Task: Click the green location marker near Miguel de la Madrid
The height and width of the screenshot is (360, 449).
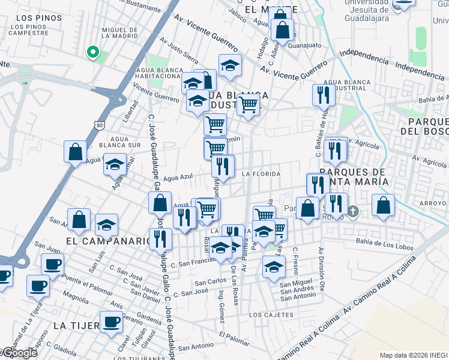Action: [x=92, y=52]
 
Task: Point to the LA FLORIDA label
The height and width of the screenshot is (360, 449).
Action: [x=261, y=174]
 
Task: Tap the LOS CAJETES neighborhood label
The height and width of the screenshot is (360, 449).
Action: [x=271, y=315]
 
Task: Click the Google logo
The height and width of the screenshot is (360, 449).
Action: [x=19, y=353]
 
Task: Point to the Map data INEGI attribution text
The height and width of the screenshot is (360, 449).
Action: [x=413, y=355]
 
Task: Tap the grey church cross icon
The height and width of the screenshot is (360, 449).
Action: [x=354, y=211]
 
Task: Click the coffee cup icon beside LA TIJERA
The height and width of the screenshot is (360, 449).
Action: [x=110, y=322]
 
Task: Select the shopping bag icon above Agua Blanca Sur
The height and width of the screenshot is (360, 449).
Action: [x=76, y=152]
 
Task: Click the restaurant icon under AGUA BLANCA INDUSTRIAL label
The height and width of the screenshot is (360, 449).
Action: [x=324, y=94]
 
